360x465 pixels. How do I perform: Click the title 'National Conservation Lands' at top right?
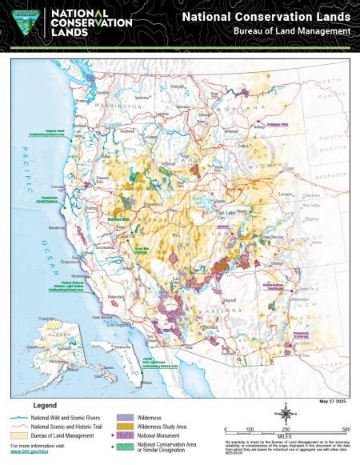pyautogui.click(x=265, y=16)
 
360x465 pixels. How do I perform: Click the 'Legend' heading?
pyautogui.click(x=43, y=407)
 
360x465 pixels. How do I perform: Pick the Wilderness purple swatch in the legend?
pyautogui.click(x=125, y=416)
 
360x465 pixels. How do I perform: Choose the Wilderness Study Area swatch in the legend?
pyautogui.click(x=125, y=425)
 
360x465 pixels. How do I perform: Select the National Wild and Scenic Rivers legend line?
pyautogui.click(x=19, y=416)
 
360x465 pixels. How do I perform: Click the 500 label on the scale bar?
pyautogui.click(x=345, y=430)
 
